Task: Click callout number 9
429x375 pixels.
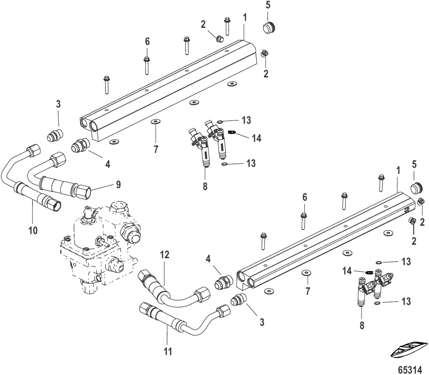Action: [118, 184]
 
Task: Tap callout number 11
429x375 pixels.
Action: [168, 351]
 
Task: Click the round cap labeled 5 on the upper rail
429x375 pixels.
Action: [269, 27]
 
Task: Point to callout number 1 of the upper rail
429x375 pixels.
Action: [245, 17]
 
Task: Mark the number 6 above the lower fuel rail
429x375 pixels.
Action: [304, 197]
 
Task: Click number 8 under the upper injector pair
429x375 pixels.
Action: [205, 186]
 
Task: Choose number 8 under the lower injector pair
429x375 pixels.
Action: [362, 325]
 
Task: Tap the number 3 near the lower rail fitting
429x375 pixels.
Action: [262, 321]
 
